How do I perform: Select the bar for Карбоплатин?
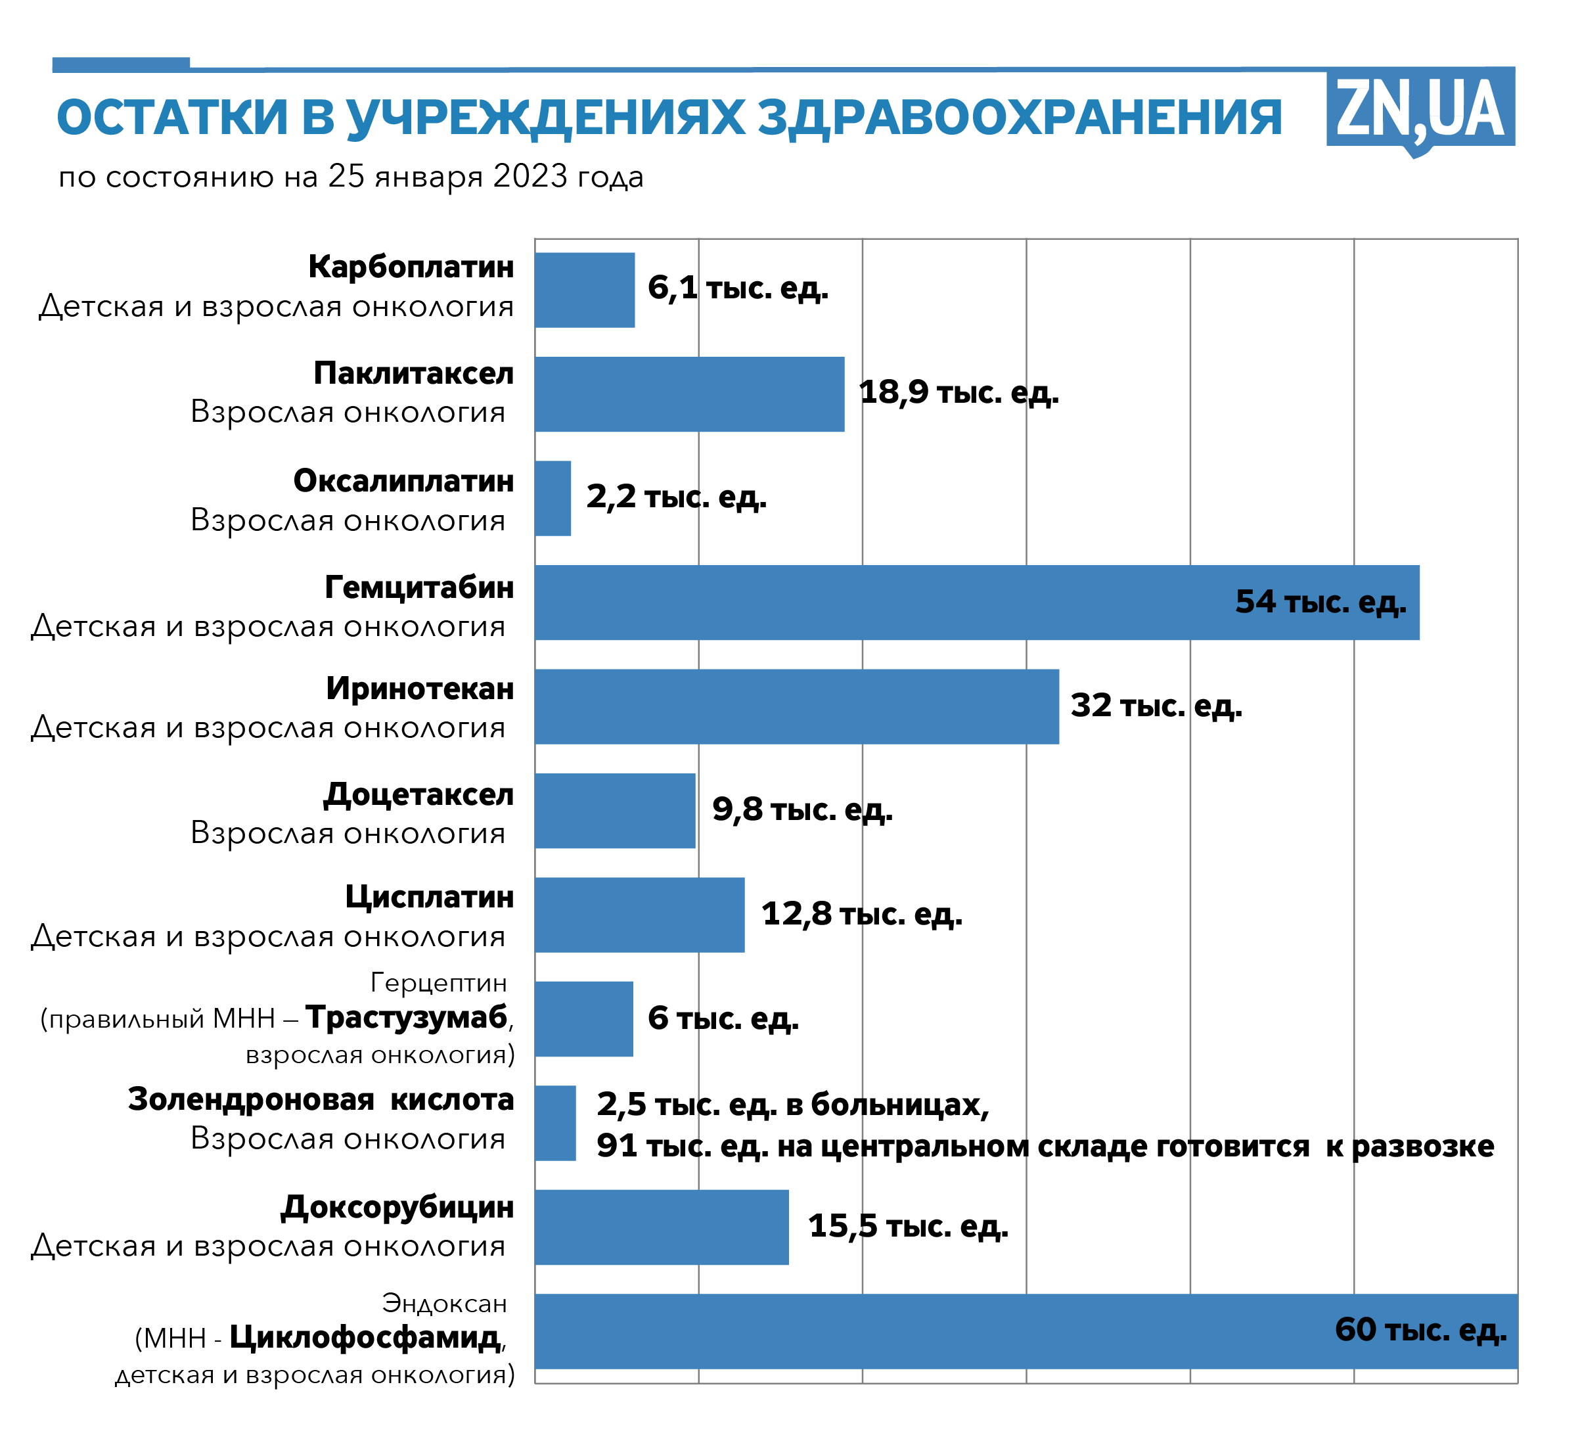point(585,290)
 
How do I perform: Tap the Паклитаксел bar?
point(690,394)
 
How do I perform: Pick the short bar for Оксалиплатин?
point(553,499)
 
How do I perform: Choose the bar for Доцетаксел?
point(615,811)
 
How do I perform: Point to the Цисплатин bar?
point(639,915)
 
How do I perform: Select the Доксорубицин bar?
point(662,1227)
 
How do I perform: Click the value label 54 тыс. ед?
point(1320,602)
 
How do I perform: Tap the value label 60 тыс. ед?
point(1420,1330)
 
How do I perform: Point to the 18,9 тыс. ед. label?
point(959,393)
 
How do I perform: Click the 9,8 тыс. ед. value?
point(801,810)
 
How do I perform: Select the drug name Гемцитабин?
point(419,587)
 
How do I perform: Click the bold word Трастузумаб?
point(407,1018)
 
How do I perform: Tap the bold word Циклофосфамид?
point(365,1337)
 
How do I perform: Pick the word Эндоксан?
point(444,1303)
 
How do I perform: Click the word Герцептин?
point(438,982)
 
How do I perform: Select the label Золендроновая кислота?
point(321,1100)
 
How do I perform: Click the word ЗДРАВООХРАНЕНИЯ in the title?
point(1020,118)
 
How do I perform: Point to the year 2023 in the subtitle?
point(530,177)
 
